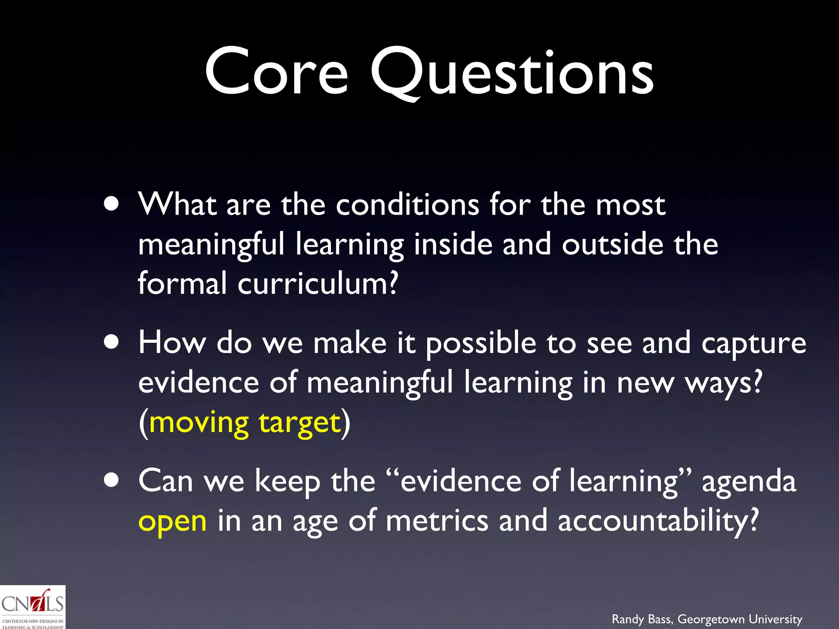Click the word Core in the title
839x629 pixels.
click(x=277, y=72)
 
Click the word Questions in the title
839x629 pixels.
click(x=512, y=74)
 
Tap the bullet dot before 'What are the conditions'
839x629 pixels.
click(x=111, y=204)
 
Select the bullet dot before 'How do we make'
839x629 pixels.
click(x=111, y=342)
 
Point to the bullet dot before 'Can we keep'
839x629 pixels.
click(x=111, y=480)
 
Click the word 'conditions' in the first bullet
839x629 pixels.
click(x=407, y=204)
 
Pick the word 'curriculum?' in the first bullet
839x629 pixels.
click(x=317, y=283)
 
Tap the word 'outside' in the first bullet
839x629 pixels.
click(x=612, y=244)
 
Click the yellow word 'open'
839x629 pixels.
click(x=172, y=523)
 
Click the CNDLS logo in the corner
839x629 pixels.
click(x=32, y=607)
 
